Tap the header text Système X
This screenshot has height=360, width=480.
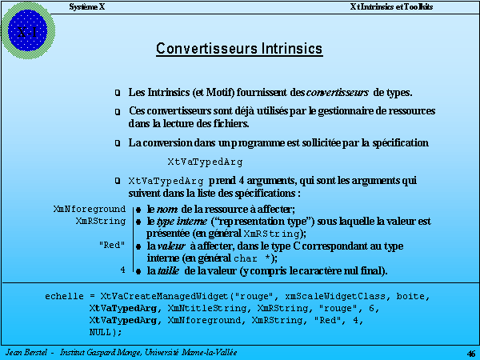point(86,6)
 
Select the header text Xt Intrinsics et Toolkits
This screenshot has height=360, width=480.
point(391,6)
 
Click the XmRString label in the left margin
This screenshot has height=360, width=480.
point(101,220)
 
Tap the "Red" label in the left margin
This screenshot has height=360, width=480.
point(112,245)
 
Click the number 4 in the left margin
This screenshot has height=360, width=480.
point(122,270)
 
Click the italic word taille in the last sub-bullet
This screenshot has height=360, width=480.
point(177,270)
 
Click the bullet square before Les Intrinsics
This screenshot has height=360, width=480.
point(118,94)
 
